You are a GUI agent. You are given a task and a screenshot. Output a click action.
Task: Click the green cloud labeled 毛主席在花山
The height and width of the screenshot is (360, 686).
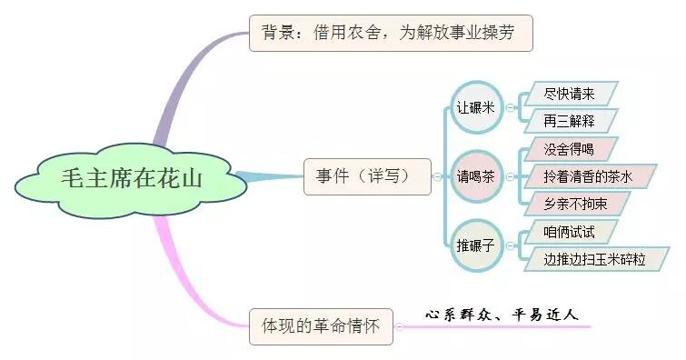coord(132,176)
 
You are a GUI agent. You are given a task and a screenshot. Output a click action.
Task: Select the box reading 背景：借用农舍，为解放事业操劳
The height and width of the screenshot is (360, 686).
coord(390,34)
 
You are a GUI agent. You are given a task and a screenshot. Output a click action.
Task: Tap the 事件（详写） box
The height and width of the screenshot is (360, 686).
coord(367,175)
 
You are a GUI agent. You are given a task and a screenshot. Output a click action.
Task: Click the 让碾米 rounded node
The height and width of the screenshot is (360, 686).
coord(477,107)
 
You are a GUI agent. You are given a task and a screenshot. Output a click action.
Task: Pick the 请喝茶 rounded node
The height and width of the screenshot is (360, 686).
coord(477,175)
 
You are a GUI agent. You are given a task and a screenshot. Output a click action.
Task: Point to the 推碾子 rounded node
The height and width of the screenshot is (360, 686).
coord(477,244)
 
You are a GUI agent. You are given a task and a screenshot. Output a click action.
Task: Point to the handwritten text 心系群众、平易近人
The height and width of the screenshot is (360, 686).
coord(502,315)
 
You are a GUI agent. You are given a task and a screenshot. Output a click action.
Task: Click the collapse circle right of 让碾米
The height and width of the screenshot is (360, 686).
coord(510,107)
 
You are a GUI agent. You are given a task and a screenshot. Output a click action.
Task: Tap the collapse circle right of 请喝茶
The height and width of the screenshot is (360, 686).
coord(510,175)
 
